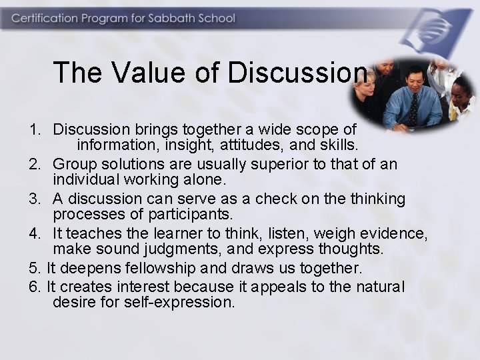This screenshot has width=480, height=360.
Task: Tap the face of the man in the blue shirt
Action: click(x=415, y=82)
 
